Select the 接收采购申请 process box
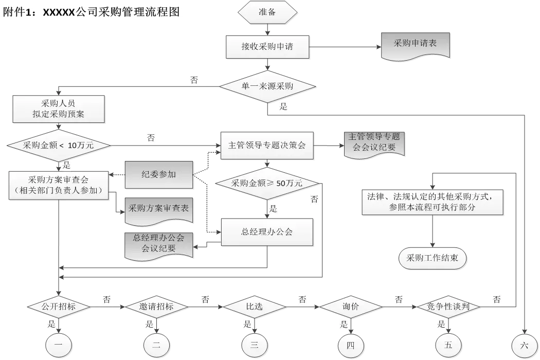(267, 47)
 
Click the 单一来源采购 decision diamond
(267, 86)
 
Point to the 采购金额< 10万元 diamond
(59, 146)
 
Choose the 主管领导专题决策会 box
(267, 146)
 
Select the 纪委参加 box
(159, 174)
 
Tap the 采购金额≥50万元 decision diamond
(267, 184)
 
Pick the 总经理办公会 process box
(267, 232)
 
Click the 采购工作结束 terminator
(433, 258)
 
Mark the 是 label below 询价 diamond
(344, 325)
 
